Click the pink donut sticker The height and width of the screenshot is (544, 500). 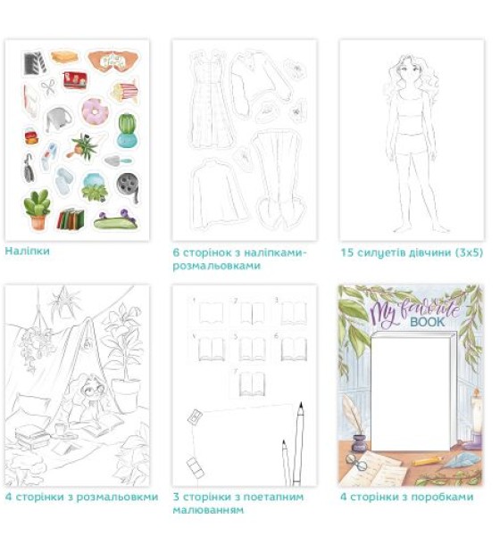coord(95,111)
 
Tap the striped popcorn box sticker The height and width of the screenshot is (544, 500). coord(124,91)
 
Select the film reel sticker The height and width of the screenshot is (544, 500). coord(128,187)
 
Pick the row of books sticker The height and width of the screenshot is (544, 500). coord(71,218)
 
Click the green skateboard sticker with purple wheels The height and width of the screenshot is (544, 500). coord(115,220)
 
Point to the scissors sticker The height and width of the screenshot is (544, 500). coord(48,87)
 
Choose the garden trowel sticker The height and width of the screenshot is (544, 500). coord(118,161)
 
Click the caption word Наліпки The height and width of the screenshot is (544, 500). coord(28,251)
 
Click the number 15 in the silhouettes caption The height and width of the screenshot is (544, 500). coord(346,252)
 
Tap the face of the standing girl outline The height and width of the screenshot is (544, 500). coord(406,74)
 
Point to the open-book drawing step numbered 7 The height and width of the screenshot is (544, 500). coord(253,383)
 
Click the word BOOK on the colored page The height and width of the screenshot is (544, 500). coord(427,322)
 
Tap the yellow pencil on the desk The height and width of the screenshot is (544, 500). coord(428,461)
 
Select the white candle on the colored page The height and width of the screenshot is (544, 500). coord(476,414)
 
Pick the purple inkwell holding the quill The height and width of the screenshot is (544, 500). coord(359,443)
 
